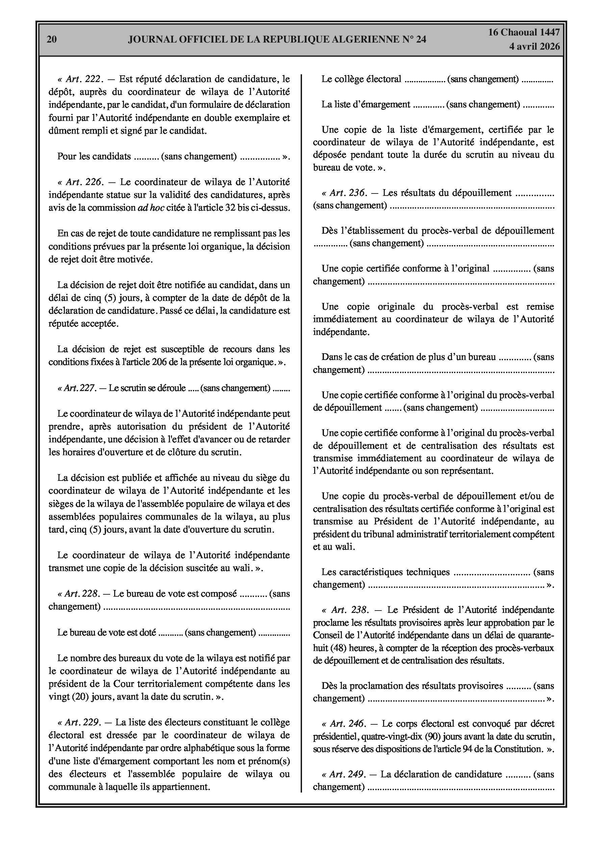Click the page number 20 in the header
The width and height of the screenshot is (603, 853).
pos(52,40)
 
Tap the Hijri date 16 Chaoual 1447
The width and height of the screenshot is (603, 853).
pos(524,32)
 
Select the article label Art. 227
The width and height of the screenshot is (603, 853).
pos(80,388)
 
